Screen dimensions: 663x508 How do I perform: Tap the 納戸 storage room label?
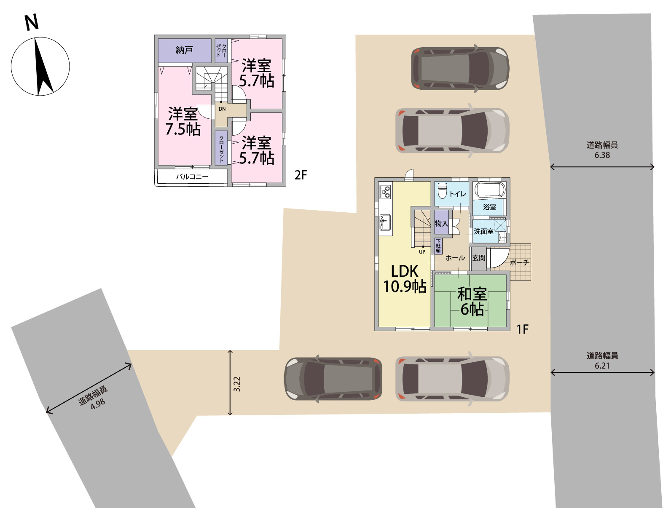click(184, 50)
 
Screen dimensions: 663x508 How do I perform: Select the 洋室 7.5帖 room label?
click(183, 121)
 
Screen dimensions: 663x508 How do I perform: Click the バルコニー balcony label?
click(192, 176)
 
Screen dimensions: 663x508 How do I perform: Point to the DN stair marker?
click(222, 109)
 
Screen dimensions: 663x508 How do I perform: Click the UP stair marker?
click(422, 252)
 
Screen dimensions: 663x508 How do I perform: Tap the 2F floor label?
click(301, 175)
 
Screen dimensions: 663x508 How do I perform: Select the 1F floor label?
click(522, 329)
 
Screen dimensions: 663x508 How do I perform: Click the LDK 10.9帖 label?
click(405, 279)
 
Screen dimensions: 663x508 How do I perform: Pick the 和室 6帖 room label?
click(472, 301)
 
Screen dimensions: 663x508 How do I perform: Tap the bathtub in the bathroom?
click(489, 190)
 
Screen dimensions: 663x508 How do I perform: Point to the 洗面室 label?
click(483, 231)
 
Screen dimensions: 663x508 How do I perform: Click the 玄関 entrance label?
click(479, 258)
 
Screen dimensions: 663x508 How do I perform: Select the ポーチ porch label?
click(519, 262)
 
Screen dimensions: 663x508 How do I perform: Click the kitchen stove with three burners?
click(386, 192)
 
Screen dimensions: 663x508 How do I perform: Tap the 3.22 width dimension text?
click(237, 384)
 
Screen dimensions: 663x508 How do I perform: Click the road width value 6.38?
click(602, 155)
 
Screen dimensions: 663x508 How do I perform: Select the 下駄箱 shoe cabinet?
click(438, 246)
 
